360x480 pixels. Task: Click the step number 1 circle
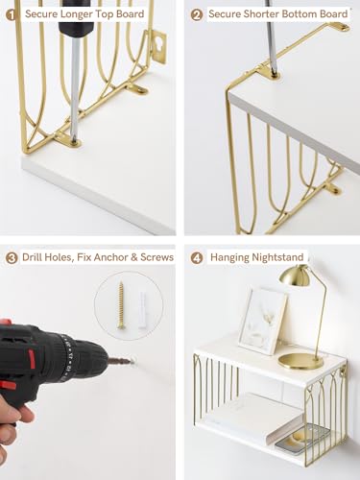(x=12, y=14)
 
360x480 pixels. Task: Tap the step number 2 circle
(x=197, y=14)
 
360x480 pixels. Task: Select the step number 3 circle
(x=12, y=257)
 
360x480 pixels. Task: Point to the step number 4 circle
(x=197, y=257)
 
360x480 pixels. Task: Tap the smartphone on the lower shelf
(x=291, y=437)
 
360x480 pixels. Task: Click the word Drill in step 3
(x=35, y=257)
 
